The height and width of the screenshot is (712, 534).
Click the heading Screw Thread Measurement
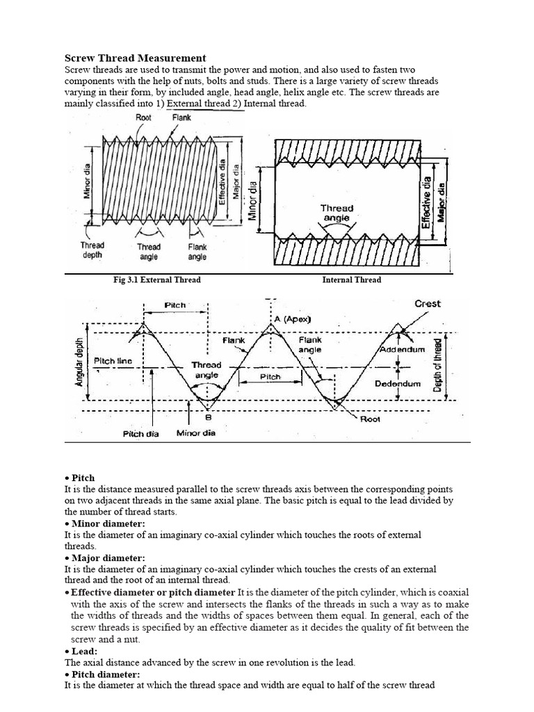coord(136,58)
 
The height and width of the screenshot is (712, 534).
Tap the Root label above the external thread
coord(144,118)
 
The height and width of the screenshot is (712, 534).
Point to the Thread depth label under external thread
coord(92,250)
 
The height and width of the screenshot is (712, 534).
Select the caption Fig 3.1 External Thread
coord(157,280)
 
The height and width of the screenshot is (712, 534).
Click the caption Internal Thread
coord(351,280)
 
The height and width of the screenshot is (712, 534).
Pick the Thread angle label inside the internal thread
coord(337,213)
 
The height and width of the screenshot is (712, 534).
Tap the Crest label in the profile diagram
coord(427,304)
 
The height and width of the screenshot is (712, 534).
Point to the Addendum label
coord(401,350)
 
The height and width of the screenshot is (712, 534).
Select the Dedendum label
coord(398,383)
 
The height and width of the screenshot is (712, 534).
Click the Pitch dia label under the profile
coord(141,434)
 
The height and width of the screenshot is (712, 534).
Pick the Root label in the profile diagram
coord(370,419)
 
